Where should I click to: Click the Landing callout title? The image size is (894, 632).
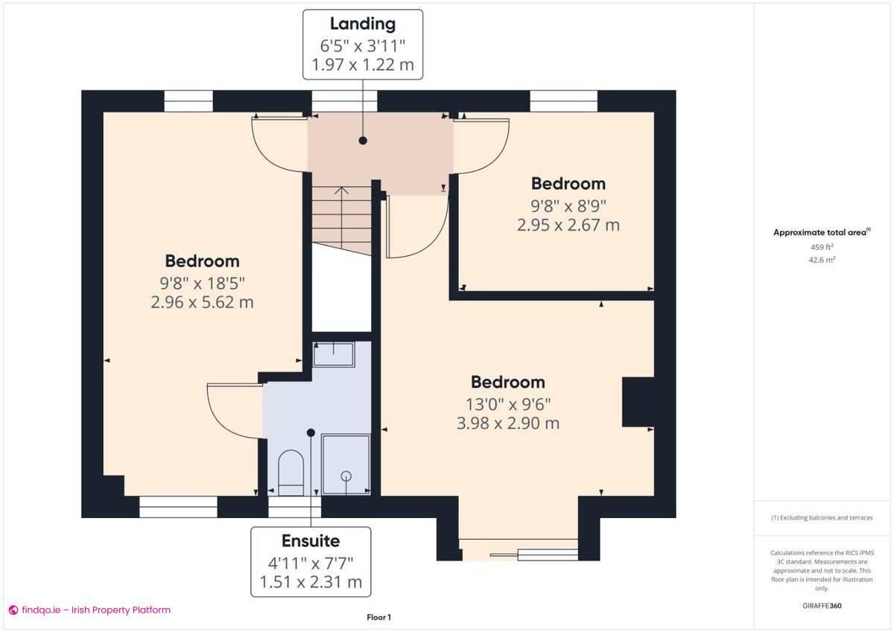click(x=363, y=25)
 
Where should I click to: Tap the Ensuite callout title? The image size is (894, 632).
click(x=310, y=541)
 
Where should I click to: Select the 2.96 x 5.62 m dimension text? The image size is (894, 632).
click(x=202, y=302)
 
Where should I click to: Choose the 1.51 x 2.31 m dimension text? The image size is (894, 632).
click(x=310, y=581)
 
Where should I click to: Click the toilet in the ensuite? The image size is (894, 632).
click(x=291, y=472)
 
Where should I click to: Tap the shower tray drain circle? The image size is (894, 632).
click(x=346, y=476)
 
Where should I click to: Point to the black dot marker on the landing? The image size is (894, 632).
click(x=363, y=140)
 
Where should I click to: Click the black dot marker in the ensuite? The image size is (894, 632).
click(x=311, y=432)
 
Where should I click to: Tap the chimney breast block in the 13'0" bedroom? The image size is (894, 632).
click(x=637, y=402)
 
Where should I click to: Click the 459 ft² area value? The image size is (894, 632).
click(x=822, y=246)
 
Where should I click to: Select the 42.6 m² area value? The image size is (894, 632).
click(x=822, y=260)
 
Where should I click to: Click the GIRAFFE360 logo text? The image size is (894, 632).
click(x=822, y=606)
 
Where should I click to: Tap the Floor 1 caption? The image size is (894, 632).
click(x=378, y=617)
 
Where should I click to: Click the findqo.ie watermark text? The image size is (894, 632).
click(x=95, y=610)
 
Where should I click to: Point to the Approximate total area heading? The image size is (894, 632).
click(x=820, y=232)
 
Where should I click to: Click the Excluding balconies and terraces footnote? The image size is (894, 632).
click(x=822, y=517)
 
